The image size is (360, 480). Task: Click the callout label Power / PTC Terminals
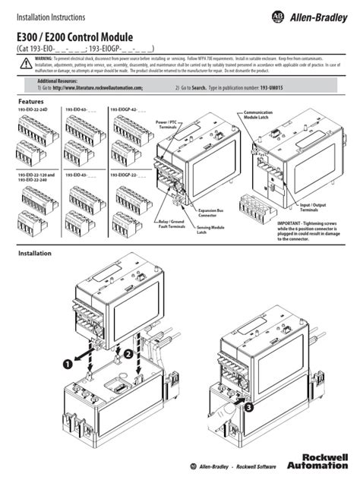(167, 124)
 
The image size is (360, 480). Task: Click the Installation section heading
(33, 253)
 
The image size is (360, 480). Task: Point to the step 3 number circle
(249, 406)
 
